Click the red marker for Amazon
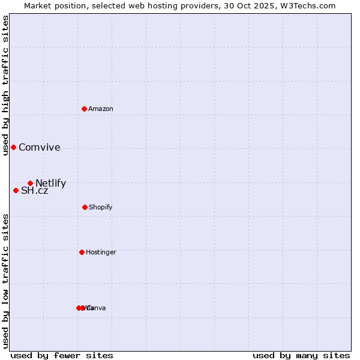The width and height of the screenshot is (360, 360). (x=84, y=109)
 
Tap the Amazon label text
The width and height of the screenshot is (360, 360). (x=101, y=109)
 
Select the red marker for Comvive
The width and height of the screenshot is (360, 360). (x=13, y=147)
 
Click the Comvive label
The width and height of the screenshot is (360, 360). (x=40, y=148)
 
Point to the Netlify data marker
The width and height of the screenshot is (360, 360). (x=30, y=183)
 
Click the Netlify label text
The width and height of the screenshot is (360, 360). (x=50, y=184)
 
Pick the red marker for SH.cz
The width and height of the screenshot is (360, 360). (x=16, y=190)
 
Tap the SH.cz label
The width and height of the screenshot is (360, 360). (x=34, y=191)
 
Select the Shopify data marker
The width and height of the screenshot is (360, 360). (x=85, y=207)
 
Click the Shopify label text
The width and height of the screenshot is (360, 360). (x=101, y=207)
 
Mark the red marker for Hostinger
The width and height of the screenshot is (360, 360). (x=82, y=252)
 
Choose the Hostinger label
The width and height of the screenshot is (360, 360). (x=101, y=252)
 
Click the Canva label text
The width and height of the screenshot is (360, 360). (x=96, y=308)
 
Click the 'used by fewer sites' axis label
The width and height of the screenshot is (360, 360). (x=62, y=355)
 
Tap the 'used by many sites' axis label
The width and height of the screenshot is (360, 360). (x=301, y=355)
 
